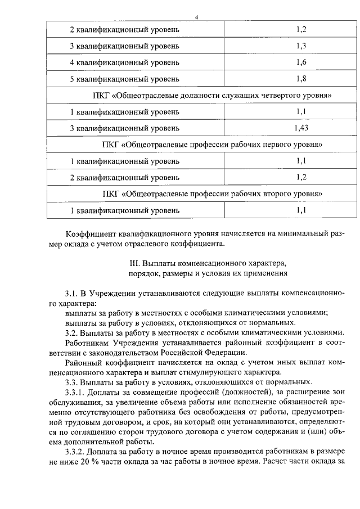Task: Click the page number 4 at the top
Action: (x=197, y=17)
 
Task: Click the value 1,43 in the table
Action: (x=301, y=128)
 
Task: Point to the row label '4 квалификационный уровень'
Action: (x=125, y=62)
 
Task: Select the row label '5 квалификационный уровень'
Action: (x=125, y=79)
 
